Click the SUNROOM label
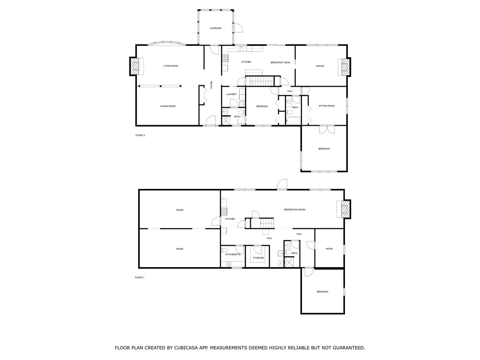click(x=216, y=29)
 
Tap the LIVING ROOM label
click(x=171, y=66)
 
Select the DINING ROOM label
click(x=168, y=106)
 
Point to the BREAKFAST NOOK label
click(x=280, y=62)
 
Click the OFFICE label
click(x=320, y=66)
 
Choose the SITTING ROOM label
click(x=327, y=106)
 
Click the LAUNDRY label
click(x=231, y=94)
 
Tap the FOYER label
click(x=211, y=85)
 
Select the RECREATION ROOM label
click(x=294, y=210)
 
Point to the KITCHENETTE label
click(x=233, y=255)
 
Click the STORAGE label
click(x=259, y=258)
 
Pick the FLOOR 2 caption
click(x=140, y=135)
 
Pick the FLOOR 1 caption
click(x=140, y=277)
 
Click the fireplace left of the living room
click(x=135, y=66)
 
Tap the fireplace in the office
click(x=345, y=67)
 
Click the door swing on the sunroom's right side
click(x=238, y=28)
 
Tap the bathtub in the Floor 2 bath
click(x=293, y=120)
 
